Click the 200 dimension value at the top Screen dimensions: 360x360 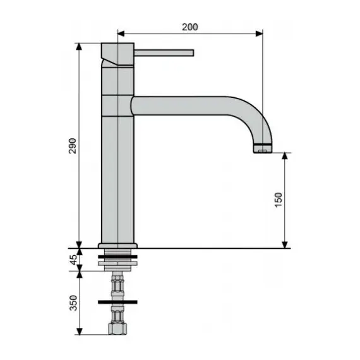190,27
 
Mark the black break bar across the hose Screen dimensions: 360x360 117,303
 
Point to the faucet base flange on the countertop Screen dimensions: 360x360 118,244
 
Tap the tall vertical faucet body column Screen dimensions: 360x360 118,171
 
